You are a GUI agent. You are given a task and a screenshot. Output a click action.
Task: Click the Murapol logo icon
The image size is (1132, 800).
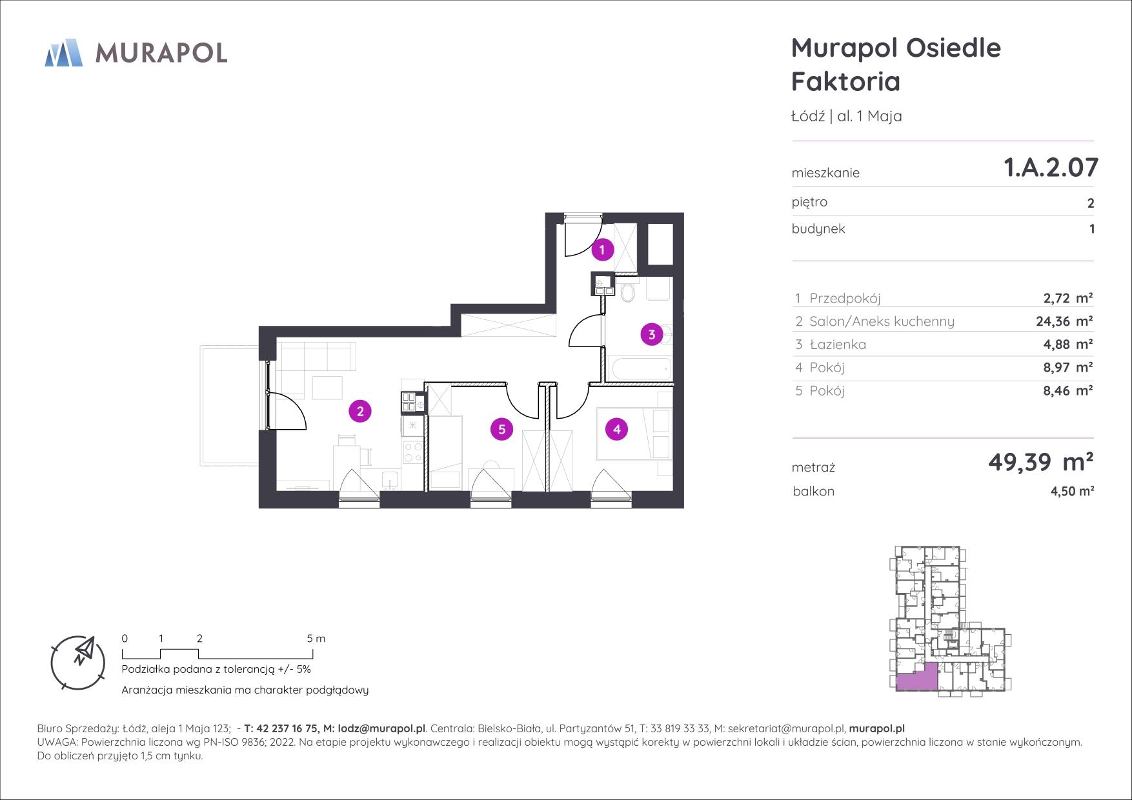[64, 52]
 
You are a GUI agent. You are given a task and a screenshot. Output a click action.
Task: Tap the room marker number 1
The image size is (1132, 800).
[603, 249]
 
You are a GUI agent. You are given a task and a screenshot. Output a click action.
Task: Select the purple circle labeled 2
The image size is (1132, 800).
[360, 411]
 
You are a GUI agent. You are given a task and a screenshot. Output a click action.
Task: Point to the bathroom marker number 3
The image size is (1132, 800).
[652, 334]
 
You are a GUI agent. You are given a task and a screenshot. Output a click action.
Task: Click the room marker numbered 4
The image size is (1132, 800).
[617, 429]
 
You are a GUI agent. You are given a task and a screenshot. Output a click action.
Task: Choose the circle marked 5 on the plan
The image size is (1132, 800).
[501, 429]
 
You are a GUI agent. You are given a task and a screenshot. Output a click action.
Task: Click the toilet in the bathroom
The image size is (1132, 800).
[627, 291]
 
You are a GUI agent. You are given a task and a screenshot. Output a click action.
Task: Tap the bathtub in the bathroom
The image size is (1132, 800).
[641, 370]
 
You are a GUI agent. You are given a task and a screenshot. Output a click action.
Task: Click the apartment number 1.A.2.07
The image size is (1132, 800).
[1051, 167]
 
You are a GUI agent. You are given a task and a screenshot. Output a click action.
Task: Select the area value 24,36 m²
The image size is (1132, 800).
[1064, 321]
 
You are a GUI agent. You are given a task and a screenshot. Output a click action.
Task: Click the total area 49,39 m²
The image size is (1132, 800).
[1041, 461]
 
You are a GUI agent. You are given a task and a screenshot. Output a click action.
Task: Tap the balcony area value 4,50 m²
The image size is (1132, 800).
[1072, 491]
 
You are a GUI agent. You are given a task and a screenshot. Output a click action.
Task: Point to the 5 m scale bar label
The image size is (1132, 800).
[316, 639]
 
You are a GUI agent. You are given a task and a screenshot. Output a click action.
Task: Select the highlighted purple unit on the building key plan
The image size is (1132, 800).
[916, 678]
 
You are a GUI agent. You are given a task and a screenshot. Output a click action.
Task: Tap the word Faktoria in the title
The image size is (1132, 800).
[845, 82]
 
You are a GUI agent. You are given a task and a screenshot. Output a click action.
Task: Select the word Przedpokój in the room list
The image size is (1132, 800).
[845, 299]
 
